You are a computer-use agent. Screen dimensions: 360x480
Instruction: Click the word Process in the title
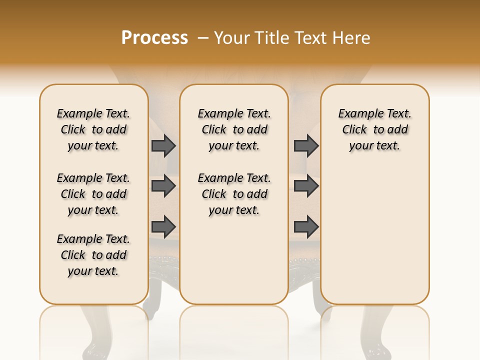[154, 37]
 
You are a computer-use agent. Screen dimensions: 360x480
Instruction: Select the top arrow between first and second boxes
[163, 146]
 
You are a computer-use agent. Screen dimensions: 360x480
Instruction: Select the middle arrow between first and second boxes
[163, 186]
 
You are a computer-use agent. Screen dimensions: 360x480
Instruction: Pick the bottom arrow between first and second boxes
[163, 226]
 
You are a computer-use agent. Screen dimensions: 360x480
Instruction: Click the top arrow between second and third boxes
[306, 146]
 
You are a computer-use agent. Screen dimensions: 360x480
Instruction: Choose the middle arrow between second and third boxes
[306, 186]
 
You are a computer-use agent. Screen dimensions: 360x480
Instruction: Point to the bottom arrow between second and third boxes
[306, 226]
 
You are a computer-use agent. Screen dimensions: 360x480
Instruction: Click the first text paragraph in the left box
[93, 129]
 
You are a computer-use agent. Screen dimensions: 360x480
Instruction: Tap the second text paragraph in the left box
[93, 194]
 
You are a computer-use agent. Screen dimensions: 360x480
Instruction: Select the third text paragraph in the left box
[93, 255]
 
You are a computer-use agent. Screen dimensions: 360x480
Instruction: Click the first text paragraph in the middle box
[234, 129]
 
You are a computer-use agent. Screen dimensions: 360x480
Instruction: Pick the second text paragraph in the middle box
[234, 194]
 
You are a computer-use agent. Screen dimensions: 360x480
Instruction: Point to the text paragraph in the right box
[375, 129]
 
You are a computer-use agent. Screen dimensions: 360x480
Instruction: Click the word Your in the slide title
[232, 37]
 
